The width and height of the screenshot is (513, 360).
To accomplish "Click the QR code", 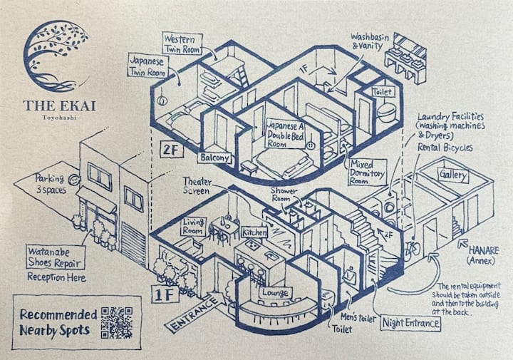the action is pyautogui.click(x=117, y=322).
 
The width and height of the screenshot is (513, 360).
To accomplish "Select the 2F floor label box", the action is pyautogui.click(x=172, y=150).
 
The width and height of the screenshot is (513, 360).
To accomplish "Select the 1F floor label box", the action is pyautogui.click(x=165, y=294).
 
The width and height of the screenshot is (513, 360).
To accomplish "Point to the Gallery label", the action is pyautogui.click(x=453, y=175).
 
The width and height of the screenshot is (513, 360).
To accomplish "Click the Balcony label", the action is pyautogui.click(x=214, y=158).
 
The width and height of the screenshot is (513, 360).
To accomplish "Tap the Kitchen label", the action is pyautogui.click(x=254, y=232).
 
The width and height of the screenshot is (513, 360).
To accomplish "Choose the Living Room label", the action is pyautogui.click(x=194, y=226).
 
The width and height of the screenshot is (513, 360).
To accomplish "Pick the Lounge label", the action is pyautogui.click(x=275, y=292).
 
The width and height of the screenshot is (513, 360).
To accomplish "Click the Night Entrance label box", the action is pyautogui.click(x=411, y=323).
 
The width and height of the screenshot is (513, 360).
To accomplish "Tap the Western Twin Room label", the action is pyautogui.click(x=182, y=43).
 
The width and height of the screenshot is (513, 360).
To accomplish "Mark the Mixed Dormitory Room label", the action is pyautogui.click(x=368, y=172).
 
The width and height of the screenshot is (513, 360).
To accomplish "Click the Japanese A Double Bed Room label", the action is pyautogui.click(x=286, y=134).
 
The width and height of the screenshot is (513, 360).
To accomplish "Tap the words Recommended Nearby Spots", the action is pyautogui.click(x=58, y=322).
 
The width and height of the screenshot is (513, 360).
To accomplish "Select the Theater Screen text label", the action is pyautogui.click(x=197, y=186).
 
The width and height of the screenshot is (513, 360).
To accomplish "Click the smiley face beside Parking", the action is pyautogui.click(x=74, y=180).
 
